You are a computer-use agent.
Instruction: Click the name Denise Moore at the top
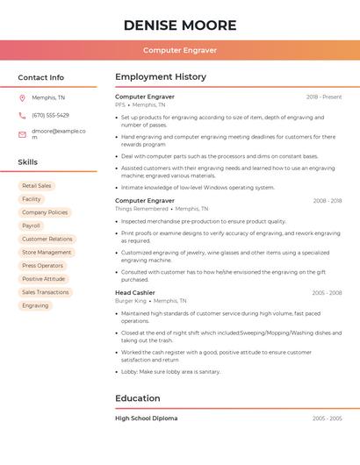[179, 25]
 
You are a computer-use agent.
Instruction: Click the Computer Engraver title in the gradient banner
[179, 50]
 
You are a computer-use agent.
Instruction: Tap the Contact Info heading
[40, 77]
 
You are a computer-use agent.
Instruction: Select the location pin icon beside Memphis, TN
[22, 98]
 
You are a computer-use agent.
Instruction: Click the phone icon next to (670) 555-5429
[22, 115]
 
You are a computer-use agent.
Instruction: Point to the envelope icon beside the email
[22, 134]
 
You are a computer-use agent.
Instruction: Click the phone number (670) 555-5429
[50, 115]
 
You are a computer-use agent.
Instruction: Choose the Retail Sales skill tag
[37, 186]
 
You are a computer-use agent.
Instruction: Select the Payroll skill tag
[32, 225]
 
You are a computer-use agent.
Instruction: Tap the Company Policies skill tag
[45, 212]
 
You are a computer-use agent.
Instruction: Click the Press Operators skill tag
[42, 265]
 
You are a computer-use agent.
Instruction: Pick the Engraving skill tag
[35, 305]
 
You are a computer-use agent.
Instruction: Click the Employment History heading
[160, 77]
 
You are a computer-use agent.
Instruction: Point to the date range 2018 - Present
[324, 97]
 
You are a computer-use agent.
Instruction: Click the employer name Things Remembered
[141, 209]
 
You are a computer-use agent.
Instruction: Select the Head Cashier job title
[135, 292]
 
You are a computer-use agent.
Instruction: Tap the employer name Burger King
[131, 301]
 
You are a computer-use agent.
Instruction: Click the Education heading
[137, 398]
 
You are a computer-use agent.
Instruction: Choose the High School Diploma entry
[146, 418]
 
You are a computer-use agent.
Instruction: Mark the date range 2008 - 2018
[328, 201]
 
